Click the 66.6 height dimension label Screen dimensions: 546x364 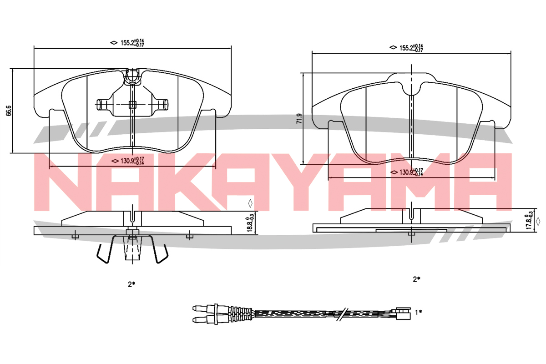(9, 111)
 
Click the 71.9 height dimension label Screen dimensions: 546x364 (299, 118)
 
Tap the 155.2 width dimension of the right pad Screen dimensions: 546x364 (411, 48)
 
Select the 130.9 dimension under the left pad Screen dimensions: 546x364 (132, 161)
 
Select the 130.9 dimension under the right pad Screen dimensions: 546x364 (411, 172)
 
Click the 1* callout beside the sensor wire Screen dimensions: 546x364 (419, 312)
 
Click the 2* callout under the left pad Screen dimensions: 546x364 (131, 284)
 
